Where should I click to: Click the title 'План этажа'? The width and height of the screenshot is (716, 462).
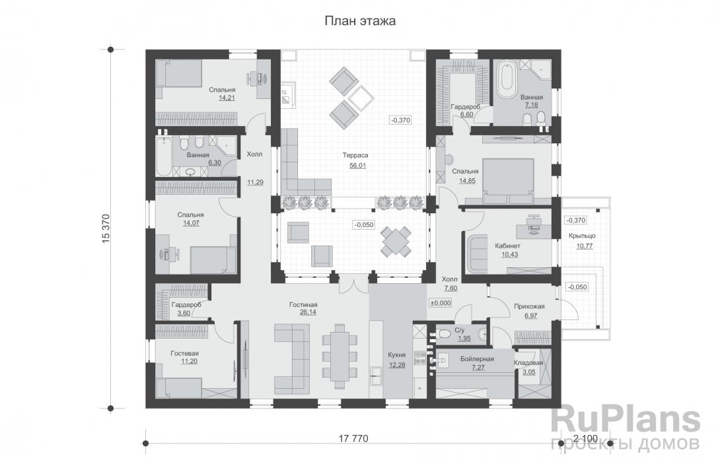click(x=360, y=21)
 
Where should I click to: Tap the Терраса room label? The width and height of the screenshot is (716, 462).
click(x=355, y=155)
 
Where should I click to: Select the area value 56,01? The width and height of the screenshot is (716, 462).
click(x=357, y=166)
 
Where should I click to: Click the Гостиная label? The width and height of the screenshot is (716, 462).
click(x=303, y=305)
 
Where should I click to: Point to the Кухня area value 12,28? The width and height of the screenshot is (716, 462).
click(x=397, y=365)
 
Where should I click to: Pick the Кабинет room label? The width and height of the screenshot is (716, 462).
click(x=507, y=246)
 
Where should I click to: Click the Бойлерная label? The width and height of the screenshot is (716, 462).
click(x=477, y=359)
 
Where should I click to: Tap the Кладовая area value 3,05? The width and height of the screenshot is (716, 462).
click(x=529, y=372)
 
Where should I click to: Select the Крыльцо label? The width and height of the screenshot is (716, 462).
click(x=582, y=236)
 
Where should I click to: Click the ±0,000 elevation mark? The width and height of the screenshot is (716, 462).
click(x=440, y=303)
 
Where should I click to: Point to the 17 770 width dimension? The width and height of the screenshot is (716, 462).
click(x=353, y=439)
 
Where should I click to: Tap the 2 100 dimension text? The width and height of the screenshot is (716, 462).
click(x=585, y=439)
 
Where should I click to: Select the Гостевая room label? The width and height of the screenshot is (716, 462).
click(x=184, y=354)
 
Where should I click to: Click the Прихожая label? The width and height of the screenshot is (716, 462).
click(x=529, y=306)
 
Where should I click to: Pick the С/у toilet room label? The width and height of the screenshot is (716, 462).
click(x=459, y=330)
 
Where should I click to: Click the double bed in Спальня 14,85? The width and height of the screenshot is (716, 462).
click(x=508, y=181)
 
